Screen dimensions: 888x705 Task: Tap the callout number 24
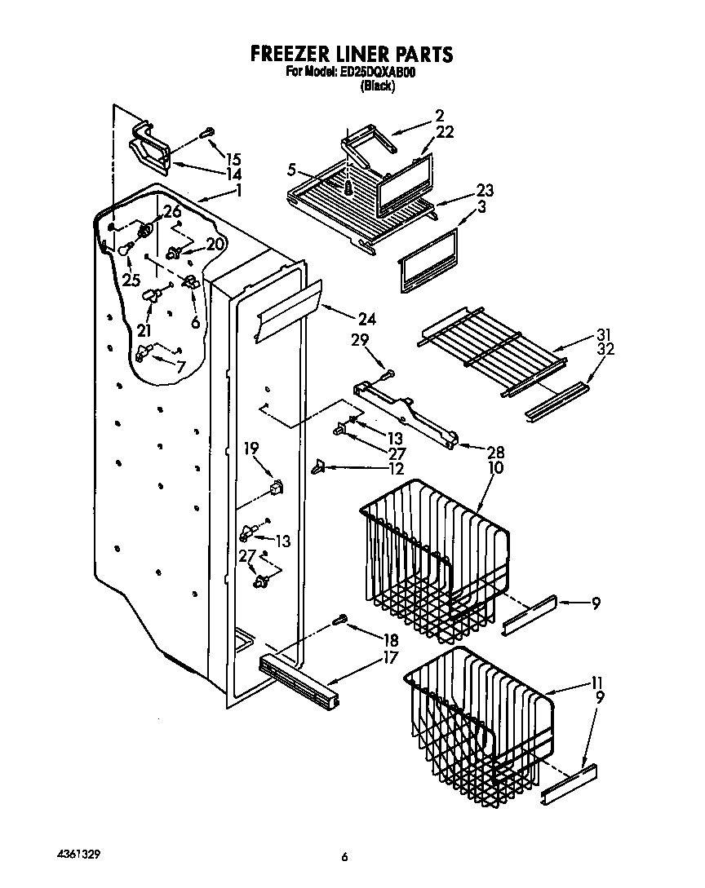click(x=366, y=319)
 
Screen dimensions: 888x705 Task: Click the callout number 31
click(x=603, y=334)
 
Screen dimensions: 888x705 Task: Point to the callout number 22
click(x=445, y=131)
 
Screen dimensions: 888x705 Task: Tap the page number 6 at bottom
click(x=345, y=857)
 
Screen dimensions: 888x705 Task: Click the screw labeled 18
click(x=340, y=622)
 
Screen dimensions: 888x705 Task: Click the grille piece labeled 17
click(x=299, y=674)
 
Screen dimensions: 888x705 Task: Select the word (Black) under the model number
click(x=377, y=86)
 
